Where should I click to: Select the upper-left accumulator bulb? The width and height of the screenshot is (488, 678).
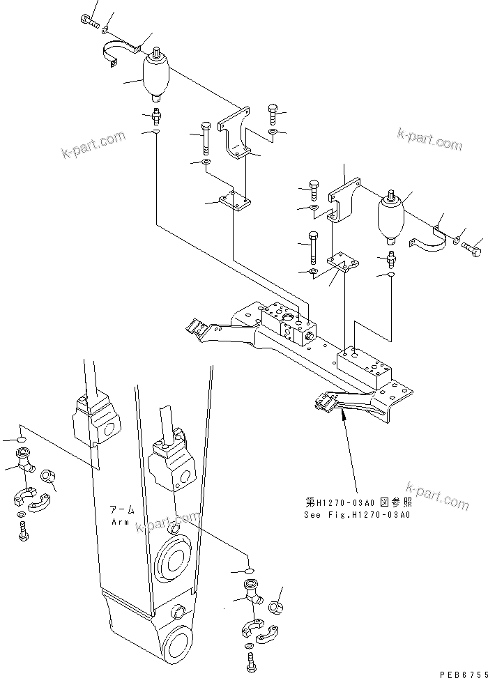coord(155,78)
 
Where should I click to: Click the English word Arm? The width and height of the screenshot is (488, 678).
coord(121,521)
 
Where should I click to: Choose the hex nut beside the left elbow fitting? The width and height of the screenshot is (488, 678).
coord(47,476)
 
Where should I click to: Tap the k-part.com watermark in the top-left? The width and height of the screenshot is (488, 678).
coord(93,144)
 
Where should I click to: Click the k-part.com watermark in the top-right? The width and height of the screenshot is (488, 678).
coord(429,139)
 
